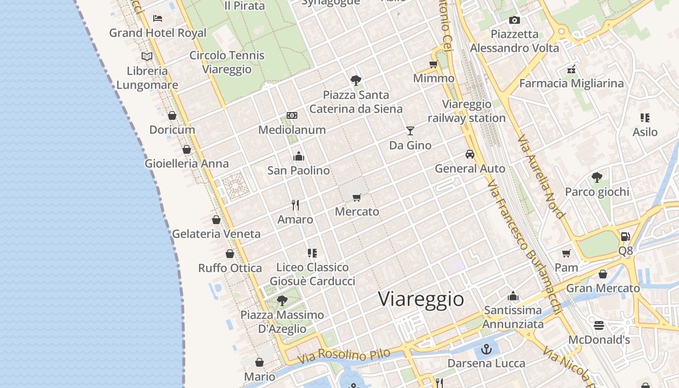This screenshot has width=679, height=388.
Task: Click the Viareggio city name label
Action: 421,299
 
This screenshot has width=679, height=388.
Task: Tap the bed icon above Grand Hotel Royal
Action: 158,18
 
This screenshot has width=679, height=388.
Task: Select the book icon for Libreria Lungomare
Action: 147,56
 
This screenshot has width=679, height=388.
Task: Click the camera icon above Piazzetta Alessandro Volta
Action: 515,20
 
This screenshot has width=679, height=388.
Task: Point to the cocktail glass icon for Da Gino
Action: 410,130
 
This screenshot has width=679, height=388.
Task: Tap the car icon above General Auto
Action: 469,154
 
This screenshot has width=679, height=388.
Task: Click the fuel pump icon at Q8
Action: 625,237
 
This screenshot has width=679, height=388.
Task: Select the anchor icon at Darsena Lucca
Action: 486,349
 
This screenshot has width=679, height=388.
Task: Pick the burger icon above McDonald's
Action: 599,325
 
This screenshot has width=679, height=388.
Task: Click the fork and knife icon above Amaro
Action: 295,205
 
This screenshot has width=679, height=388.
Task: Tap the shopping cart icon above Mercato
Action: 357,197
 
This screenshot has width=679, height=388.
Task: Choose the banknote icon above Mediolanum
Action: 292,115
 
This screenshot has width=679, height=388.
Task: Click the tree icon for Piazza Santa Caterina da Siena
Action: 356,80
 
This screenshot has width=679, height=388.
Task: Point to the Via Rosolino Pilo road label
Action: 344,356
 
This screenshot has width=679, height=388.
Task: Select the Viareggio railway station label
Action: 467,111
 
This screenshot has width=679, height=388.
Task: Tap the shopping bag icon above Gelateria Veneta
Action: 216,220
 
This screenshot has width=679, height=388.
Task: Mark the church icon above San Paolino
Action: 299,156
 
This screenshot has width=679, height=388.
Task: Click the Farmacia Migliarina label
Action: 571,83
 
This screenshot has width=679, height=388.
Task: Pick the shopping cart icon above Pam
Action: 566,253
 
